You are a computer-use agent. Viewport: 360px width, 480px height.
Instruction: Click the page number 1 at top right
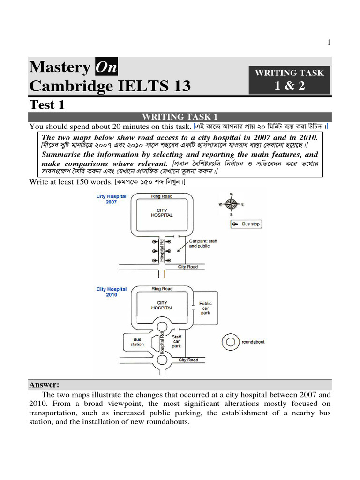[x=329, y=43]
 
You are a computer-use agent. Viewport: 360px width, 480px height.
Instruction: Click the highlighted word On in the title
[x=106, y=67]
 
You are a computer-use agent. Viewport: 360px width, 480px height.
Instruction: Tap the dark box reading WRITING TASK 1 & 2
[x=289, y=80]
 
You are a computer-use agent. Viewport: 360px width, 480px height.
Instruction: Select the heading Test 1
[x=47, y=105]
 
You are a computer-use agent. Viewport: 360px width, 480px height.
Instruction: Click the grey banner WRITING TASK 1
[x=180, y=117]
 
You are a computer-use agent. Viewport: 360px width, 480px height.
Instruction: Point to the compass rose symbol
[x=231, y=204]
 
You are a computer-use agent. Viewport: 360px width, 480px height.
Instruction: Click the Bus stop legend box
[x=246, y=225]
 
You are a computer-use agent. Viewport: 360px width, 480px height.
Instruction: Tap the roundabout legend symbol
[x=230, y=342]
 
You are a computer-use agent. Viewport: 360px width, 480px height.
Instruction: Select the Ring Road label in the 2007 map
[x=162, y=196]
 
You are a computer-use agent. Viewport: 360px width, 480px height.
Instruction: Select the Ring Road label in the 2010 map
[x=162, y=289]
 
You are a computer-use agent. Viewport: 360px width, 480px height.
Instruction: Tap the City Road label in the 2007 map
[x=188, y=267]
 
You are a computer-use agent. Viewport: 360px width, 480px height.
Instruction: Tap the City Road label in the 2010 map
[x=188, y=360]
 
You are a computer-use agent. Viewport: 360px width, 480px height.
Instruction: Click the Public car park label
[x=205, y=308]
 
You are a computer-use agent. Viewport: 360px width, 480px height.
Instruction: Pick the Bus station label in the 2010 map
[x=137, y=342]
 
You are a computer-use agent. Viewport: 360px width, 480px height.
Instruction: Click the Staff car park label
[x=176, y=341]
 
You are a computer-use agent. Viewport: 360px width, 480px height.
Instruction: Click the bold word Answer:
[x=44, y=385]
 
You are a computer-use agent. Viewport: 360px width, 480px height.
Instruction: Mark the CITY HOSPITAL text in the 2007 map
[x=162, y=212]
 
